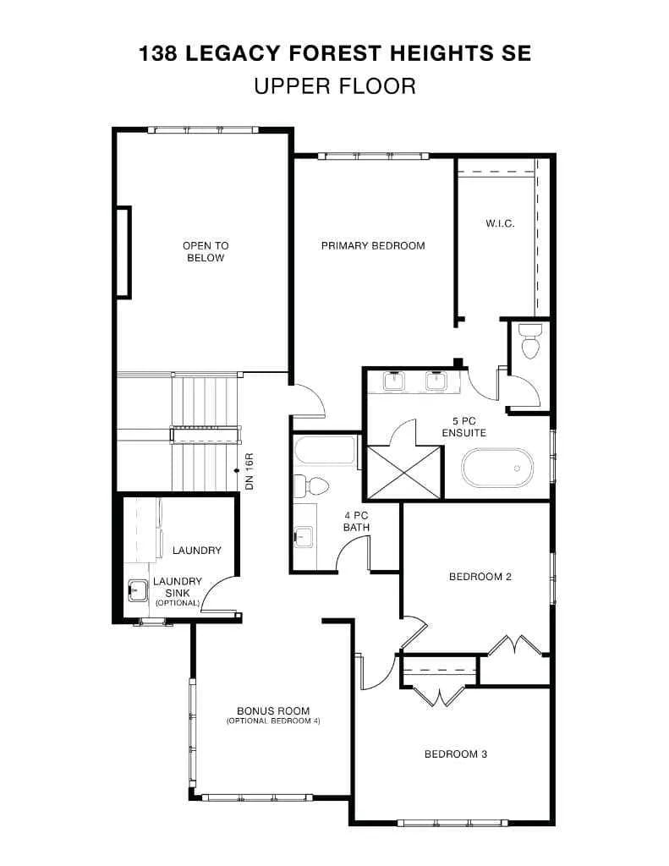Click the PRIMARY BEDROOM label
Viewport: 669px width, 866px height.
(x=373, y=246)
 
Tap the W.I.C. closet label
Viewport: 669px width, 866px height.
(x=500, y=223)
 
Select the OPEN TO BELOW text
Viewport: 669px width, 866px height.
(x=206, y=252)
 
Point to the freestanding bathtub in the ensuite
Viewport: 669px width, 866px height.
(x=497, y=468)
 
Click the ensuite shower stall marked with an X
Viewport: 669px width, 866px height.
(x=404, y=472)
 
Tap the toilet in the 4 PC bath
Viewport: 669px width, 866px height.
(x=311, y=486)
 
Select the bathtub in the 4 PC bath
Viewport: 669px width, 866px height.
(x=326, y=451)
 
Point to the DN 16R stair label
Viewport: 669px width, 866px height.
(x=250, y=472)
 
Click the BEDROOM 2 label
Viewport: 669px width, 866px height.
(x=480, y=577)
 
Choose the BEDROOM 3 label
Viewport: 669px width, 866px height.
(x=456, y=754)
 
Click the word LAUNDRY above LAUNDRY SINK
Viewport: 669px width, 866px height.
(x=197, y=550)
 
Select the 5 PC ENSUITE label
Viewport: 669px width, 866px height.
(x=464, y=427)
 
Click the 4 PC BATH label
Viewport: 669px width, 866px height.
(x=356, y=522)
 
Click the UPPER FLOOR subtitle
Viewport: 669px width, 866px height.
(x=335, y=87)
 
